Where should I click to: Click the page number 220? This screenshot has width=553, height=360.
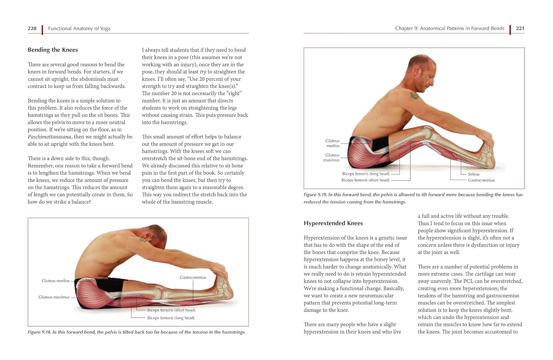click(x=32, y=28)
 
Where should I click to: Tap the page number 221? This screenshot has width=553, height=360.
click(x=520, y=28)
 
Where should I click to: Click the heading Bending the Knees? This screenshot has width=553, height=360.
click(x=53, y=50)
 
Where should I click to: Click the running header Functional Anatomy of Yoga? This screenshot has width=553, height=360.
click(x=79, y=28)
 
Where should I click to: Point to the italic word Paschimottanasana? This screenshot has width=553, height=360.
click(x=50, y=137)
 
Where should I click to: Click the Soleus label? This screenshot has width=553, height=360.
click(x=473, y=174)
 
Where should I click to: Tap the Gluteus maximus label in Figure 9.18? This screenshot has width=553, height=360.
click(x=54, y=297)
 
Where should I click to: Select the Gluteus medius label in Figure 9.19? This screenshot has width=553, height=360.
click(x=332, y=143)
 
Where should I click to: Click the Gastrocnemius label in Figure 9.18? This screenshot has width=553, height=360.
click(x=193, y=277)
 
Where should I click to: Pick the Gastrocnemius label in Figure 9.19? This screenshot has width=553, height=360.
click(x=481, y=180)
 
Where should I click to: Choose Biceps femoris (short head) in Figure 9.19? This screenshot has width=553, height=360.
click(x=365, y=180)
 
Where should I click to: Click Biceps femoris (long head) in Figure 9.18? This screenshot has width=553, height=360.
click(x=171, y=318)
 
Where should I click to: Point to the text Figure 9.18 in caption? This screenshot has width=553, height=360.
click(x=39, y=332)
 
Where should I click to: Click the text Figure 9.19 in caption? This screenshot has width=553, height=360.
click(x=315, y=195)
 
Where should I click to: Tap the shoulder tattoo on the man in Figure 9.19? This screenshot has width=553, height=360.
click(x=415, y=96)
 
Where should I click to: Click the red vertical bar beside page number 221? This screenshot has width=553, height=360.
click(x=510, y=29)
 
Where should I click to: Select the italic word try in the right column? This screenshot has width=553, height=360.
click(x=203, y=72)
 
